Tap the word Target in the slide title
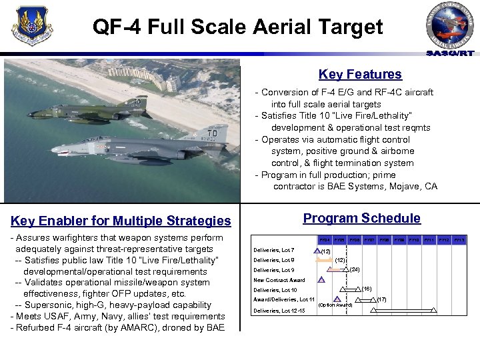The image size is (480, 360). click(x=351, y=27)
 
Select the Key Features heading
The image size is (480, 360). click(x=360, y=75)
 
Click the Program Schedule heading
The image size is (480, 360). click(x=361, y=218)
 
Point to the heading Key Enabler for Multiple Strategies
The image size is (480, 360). click(x=121, y=221)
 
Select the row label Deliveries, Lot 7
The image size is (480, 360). click(x=274, y=250)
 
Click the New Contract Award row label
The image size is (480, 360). click(x=279, y=280)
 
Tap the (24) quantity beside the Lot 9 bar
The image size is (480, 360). click(x=355, y=270)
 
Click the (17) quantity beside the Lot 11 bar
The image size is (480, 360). click(x=381, y=299)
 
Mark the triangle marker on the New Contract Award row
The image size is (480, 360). click(x=321, y=280)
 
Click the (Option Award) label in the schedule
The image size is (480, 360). click(x=335, y=305)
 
